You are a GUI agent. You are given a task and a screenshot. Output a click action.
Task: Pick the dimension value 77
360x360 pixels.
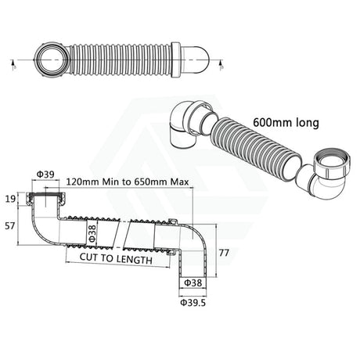point(225,253)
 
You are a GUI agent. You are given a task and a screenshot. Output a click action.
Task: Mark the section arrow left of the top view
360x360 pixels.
point(13,61)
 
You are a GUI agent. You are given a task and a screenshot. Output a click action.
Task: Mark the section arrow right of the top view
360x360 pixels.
point(224,62)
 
